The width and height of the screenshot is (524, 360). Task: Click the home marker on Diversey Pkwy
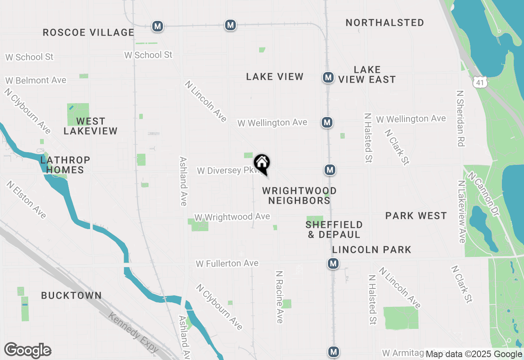262,163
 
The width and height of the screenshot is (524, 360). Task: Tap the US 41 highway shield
480,83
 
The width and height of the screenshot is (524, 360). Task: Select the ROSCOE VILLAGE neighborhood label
88,32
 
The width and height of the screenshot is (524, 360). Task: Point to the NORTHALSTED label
385,22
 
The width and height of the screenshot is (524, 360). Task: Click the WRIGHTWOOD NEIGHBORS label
299,196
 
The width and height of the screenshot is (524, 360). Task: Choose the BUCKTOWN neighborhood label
71,295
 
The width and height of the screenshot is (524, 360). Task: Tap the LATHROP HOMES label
65,165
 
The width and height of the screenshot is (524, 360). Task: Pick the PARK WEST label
416,216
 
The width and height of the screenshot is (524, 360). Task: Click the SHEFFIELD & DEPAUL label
334,229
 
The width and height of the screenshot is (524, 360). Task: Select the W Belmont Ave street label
36,80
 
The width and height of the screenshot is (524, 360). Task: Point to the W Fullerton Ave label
227,263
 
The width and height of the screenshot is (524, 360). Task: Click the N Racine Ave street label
280,297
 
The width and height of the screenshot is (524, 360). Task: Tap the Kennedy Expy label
133,332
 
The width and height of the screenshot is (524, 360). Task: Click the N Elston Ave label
26,200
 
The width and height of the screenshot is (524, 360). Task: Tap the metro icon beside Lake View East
327,77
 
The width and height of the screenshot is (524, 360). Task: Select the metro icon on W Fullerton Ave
333,263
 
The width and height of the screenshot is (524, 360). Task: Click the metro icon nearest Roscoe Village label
157,27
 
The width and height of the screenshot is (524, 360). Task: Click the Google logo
28,351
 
